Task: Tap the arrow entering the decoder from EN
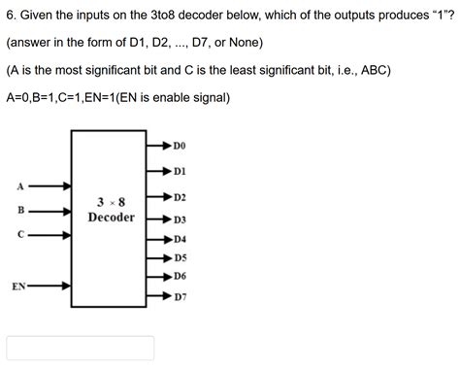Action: pos(53,286)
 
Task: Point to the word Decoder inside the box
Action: pos(111,218)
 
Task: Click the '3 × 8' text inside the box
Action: pos(111,202)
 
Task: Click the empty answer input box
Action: pos(81,348)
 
